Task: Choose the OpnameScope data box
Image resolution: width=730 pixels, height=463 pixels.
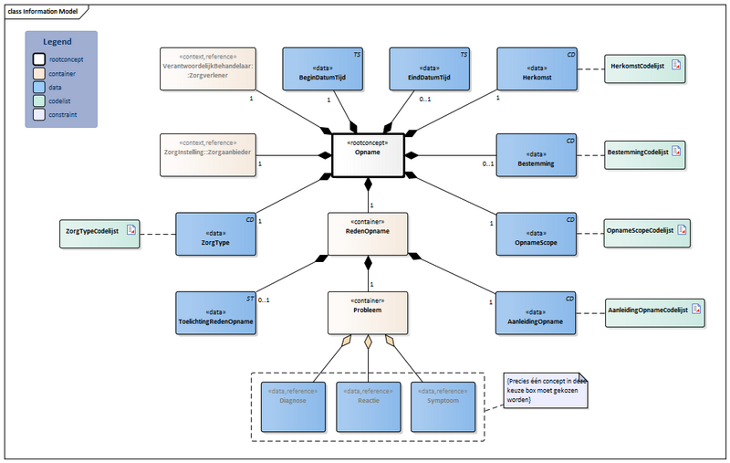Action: [537, 235]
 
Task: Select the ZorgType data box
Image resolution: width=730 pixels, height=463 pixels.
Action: [214, 235]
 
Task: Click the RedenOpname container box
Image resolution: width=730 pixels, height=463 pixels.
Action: [368, 235]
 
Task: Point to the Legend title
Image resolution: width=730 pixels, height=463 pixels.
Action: [60, 43]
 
